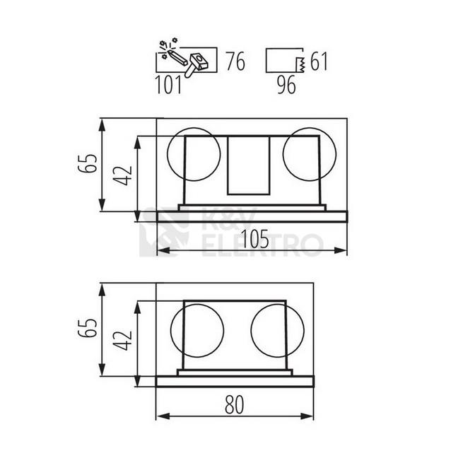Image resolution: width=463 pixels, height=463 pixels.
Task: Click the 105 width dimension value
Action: [x=255, y=239]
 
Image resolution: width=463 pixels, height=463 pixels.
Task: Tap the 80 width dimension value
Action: [x=235, y=404]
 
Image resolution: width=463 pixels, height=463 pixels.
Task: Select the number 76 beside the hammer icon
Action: [x=235, y=61]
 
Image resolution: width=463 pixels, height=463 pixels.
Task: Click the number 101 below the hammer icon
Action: [x=168, y=85]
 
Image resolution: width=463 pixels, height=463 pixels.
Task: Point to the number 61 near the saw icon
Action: [x=319, y=61]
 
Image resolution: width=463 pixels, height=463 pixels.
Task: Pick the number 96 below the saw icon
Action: [x=286, y=85]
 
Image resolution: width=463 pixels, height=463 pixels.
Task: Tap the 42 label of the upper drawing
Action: [x=123, y=176]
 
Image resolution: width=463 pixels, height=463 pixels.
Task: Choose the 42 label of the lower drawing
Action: [x=123, y=341]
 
